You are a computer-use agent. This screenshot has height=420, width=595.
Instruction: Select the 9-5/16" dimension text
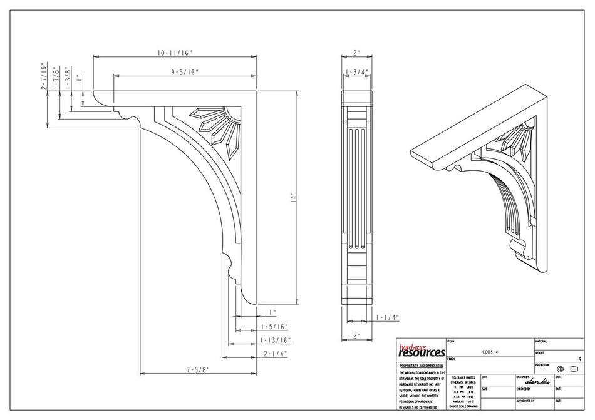click(x=184, y=73)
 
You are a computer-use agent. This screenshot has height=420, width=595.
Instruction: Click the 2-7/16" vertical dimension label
click(x=43, y=76)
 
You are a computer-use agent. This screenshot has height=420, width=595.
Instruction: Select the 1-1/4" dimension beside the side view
click(x=388, y=317)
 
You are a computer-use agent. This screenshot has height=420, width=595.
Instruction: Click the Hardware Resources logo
click(x=421, y=351)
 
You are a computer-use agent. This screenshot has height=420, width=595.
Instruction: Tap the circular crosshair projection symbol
click(x=560, y=369)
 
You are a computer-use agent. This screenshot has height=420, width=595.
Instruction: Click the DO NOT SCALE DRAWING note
click(x=463, y=406)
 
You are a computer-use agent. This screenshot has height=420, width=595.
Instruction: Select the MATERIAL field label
click(x=541, y=342)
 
